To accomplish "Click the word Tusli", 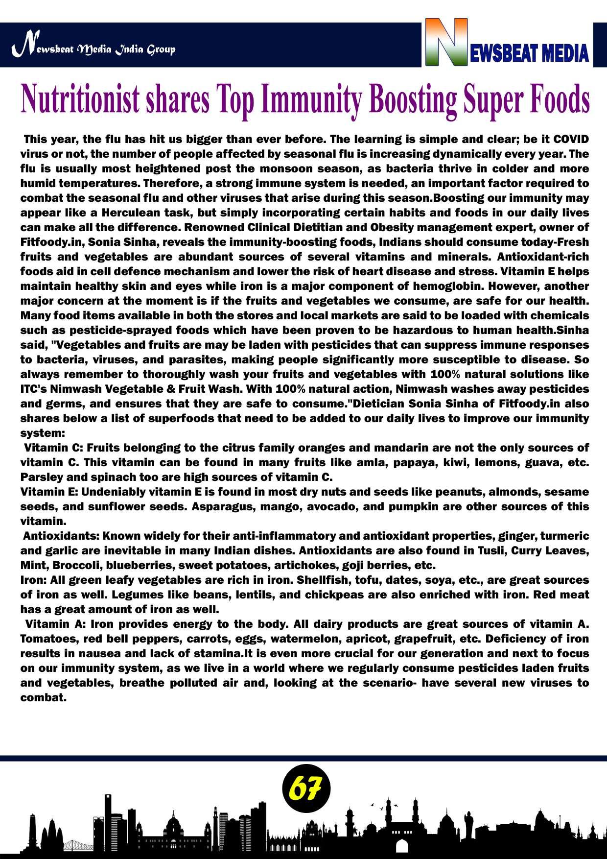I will (491, 550).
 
